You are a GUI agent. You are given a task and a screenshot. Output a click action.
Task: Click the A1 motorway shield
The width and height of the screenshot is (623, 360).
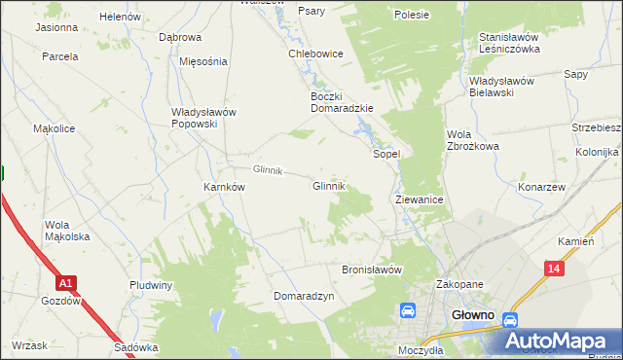[x=65, y=283]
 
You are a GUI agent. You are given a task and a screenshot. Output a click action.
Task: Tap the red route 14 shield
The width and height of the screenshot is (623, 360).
[x=554, y=269]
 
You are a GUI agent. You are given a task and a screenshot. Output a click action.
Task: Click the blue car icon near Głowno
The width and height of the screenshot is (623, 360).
[x=409, y=311]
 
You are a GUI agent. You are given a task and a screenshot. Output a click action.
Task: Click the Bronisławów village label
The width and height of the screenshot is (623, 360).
[x=372, y=270]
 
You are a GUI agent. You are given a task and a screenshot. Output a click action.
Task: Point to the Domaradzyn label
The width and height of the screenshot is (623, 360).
[x=304, y=295]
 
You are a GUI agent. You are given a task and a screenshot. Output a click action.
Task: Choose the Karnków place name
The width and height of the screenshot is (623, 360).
[x=223, y=187]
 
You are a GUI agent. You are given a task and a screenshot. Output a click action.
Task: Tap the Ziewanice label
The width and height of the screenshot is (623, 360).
[x=420, y=198]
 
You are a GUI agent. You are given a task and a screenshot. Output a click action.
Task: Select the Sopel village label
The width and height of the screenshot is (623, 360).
[x=387, y=154]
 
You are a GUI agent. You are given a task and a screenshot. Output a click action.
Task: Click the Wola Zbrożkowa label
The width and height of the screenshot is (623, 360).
[x=472, y=140]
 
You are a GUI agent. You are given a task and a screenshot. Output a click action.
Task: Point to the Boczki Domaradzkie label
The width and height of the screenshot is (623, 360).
[x=342, y=102]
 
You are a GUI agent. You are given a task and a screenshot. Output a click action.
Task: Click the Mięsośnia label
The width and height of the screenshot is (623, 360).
[x=203, y=60]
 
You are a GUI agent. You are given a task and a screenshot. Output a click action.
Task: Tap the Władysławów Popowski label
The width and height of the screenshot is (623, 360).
[x=203, y=118]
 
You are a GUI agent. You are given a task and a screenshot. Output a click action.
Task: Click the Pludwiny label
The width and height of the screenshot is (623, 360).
[x=151, y=285]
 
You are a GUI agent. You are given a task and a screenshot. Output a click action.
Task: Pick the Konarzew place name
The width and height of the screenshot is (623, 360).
[x=542, y=187]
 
